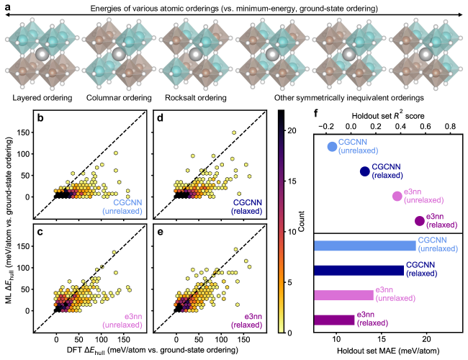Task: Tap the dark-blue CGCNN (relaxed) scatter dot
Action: pyautogui.click(x=364, y=171)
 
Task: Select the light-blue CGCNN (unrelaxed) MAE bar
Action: pyautogui.click(x=364, y=246)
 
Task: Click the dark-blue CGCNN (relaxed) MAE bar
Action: pyautogui.click(x=359, y=270)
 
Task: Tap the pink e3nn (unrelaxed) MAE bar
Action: pyautogui.click(x=343, y=294)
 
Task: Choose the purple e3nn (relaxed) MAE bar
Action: pyautogui.click(x=334, y=320)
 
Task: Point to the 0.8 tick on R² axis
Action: pyautogui.click(x=451, y=125)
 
